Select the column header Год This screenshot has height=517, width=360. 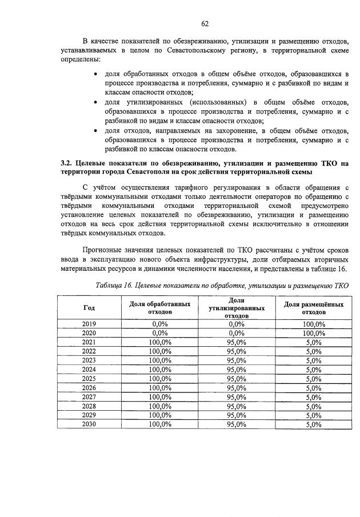tap(89, 308)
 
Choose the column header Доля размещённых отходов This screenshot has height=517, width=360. tap(314, 308)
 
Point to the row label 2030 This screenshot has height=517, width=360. tap(89, 424)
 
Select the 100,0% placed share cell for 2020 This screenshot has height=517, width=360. tap(314, 332)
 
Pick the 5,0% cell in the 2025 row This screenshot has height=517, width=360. tap(314, 378)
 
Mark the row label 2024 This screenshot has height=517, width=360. tap(89, 369)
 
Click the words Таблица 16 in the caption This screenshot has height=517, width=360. tap(115, 285)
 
